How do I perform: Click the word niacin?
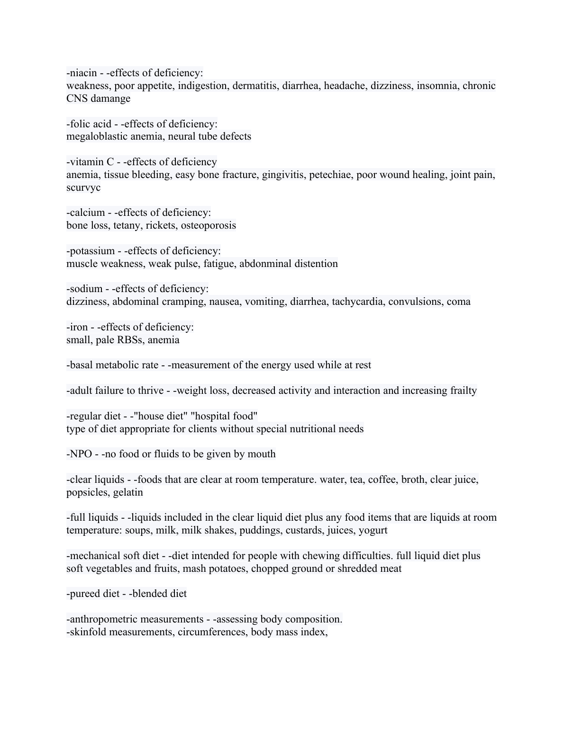(83, 73)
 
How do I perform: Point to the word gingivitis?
(281, 175)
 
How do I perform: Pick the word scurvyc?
(83, 187)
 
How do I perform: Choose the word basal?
(81, 365)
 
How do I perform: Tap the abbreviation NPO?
(81, 454)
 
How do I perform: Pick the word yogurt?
(373, 530)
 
